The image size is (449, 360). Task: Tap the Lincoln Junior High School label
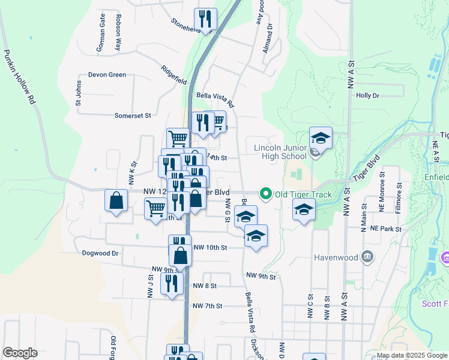(x=280, y=152)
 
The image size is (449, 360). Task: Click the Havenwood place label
(x=336, y=257)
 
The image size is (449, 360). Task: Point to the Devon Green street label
(x=107, y=75)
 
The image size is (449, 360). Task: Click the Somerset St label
(x=132, y=115)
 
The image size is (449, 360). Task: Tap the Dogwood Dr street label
(x=101, y=253)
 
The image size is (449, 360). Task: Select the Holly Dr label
(x=368, y=95)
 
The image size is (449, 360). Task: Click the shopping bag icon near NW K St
(x=116, y=201)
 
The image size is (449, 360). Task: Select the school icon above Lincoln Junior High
(x=321, y=138)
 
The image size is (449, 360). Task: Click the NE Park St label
(x=385, y=229)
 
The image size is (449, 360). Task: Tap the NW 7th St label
(x=207, y=306)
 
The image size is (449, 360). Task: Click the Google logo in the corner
(x=20, y=353)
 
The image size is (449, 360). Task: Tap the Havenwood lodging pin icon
(x=367, y=257)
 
